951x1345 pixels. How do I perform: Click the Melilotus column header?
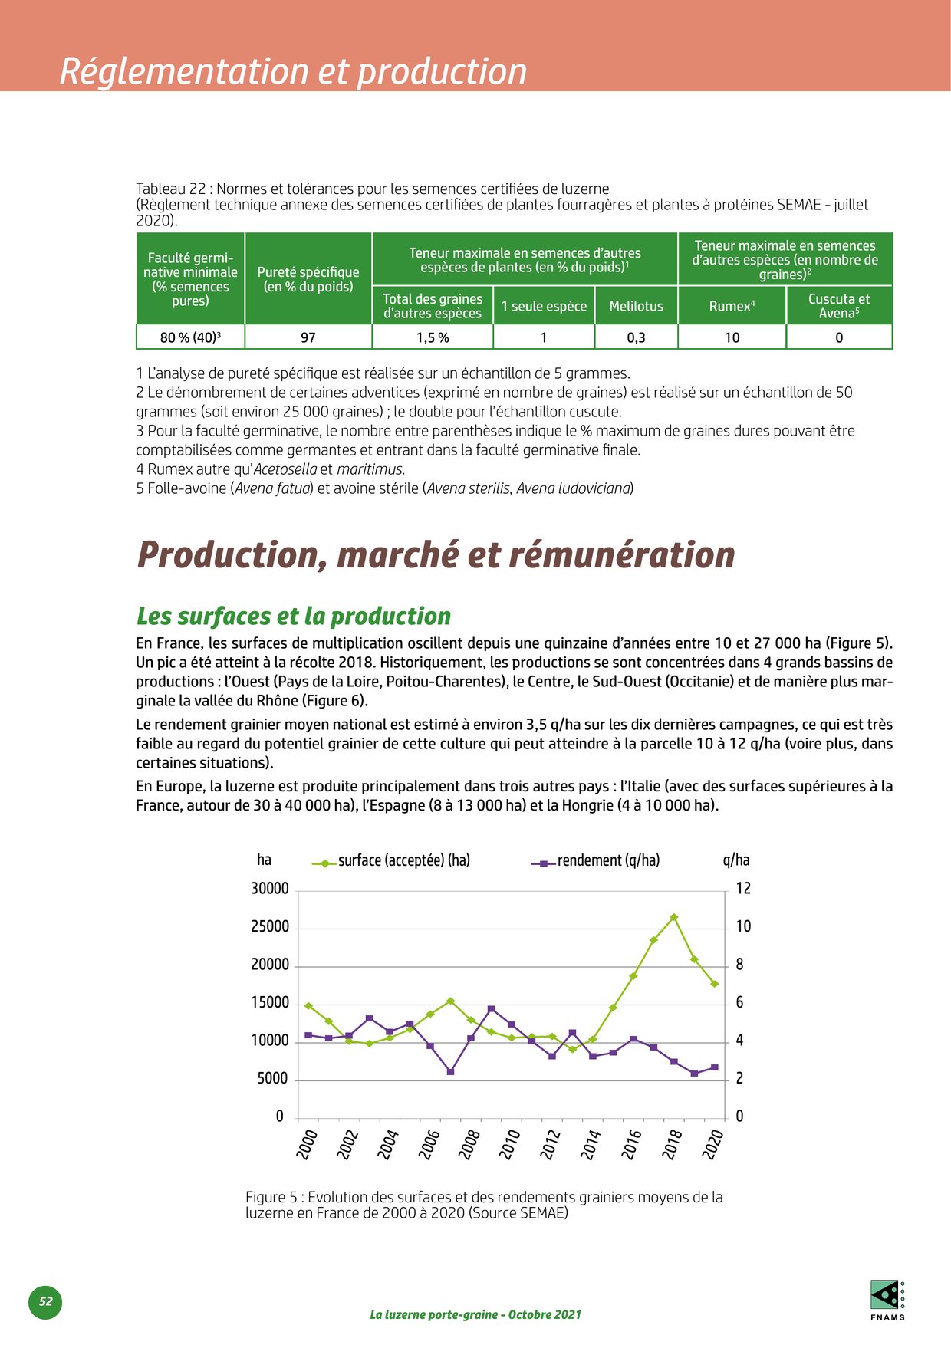[636, 306]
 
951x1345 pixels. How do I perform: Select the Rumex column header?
[732, 306]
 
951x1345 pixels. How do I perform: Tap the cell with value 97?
[308, 337]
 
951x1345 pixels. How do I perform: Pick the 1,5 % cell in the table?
[433, 337]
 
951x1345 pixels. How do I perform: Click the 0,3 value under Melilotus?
[636, 337]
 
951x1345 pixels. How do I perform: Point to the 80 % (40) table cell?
[190, 337]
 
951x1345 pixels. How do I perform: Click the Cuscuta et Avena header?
[839, 306]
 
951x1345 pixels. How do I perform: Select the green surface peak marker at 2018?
[674, 917]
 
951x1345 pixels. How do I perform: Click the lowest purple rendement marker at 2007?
[450, 1071]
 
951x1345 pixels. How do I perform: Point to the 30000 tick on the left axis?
[270, 889]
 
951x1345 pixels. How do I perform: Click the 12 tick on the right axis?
[743, 889]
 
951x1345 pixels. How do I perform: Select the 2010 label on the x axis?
[510, 1144]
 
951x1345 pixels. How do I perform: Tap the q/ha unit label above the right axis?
[736, 860]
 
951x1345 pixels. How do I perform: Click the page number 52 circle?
[46, 1301]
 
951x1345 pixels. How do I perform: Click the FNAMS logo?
[887, 1298]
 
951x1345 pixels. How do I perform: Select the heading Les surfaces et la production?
[294, 616]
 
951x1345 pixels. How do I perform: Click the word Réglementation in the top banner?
[185, 71]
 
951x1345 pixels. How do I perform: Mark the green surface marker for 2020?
[714, 984]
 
